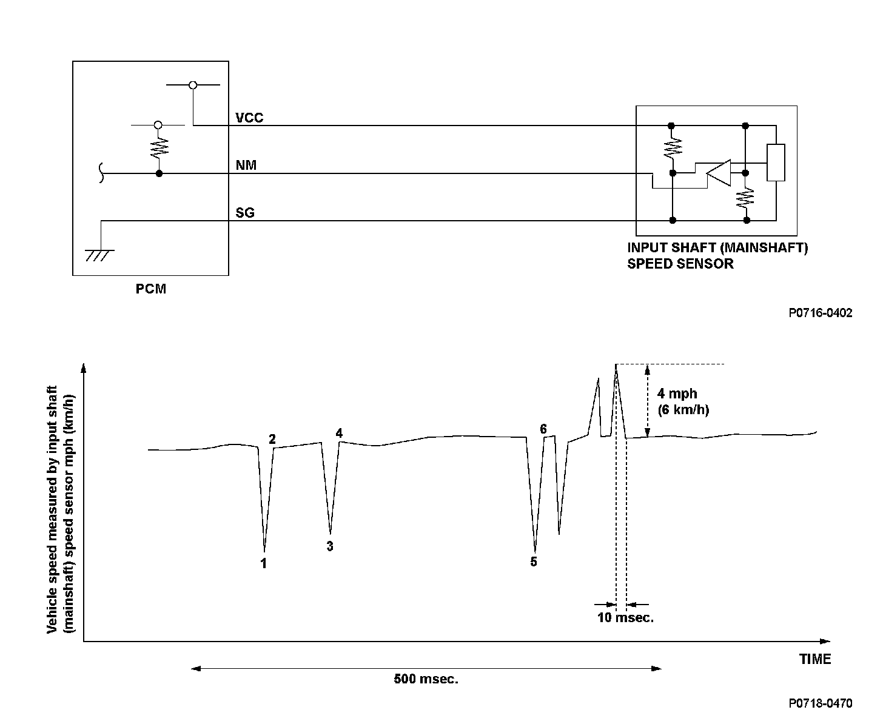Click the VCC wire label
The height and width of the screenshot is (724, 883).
249,118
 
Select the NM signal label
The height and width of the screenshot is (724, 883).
246,165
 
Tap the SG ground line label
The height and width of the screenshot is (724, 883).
245,213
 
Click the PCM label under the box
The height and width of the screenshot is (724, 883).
150,289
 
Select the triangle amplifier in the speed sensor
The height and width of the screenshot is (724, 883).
719,173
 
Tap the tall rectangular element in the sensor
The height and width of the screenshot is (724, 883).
776,163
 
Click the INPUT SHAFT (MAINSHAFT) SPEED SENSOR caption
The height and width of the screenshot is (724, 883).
717,256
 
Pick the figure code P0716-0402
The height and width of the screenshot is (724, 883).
820,313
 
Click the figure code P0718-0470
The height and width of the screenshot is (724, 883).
820,703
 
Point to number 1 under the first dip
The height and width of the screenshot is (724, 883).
264,563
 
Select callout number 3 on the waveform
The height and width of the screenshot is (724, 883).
330,546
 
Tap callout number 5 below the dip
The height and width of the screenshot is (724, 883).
534,561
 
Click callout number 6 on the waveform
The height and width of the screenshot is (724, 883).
543,429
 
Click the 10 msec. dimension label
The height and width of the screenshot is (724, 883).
626,618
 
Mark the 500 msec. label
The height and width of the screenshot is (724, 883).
426,679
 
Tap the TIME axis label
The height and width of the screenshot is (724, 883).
814,659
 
